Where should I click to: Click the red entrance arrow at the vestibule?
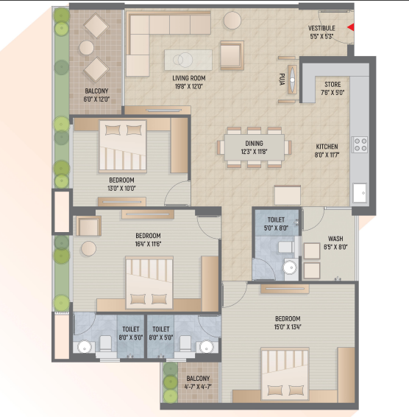coord(351,27)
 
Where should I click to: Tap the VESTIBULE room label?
coord(321,28)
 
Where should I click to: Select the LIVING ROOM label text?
coord(189,78)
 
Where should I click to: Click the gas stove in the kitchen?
coord(360,145)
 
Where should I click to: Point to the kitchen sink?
coord(360,193)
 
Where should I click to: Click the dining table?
coord(255,147)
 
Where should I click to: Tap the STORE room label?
coord(332,85)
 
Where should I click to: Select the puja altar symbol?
coord(292,80)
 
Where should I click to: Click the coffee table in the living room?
coord(188,60)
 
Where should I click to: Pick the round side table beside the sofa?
coord(232,20)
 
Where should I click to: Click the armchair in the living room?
coord(232,55)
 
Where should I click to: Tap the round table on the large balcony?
coord(87,48)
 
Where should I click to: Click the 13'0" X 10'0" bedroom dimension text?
coord(121,189)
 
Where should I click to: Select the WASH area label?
coord(335,239)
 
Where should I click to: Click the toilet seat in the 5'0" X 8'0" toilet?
coord(285,247)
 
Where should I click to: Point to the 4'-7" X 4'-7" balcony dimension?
coord(198,387)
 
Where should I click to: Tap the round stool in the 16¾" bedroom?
coord(89,249)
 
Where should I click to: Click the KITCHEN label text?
coord(327,147)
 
